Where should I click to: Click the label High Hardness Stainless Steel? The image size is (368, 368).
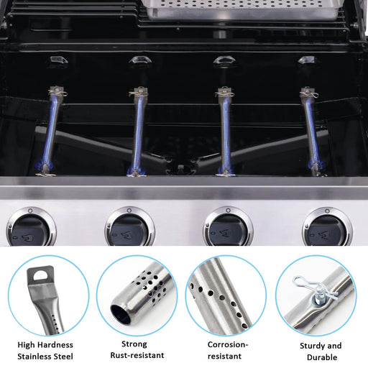[45, 350]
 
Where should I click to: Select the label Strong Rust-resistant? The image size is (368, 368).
[137, 349]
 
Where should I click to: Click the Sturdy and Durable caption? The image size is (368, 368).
[320, 351]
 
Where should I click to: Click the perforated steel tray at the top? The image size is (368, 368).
[230, 7]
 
